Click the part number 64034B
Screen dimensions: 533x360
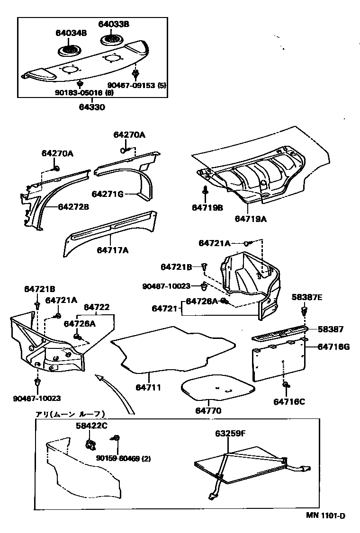[x=71, y=33]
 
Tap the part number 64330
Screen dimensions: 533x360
[x=91, y=107]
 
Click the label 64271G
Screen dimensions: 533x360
[x=108, y=194]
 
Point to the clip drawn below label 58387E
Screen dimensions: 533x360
[x=305, y=311]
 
